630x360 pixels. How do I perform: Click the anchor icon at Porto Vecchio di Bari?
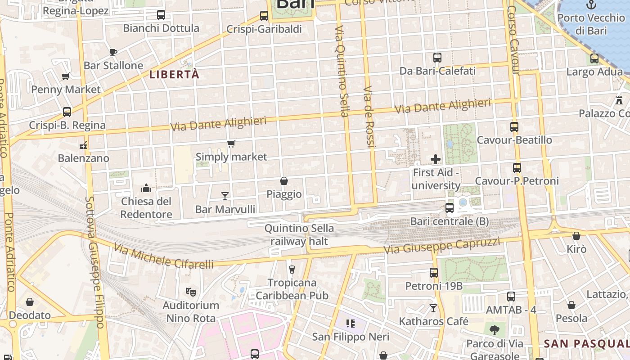tap(591, 5)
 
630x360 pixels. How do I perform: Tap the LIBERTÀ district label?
tap(174, 75)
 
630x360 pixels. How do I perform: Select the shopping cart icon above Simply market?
tap(231, 144)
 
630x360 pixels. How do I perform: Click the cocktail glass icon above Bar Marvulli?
tap(225, 196)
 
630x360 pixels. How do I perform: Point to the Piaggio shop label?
tap(284, 194)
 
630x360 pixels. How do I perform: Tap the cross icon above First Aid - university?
tap(436, 159)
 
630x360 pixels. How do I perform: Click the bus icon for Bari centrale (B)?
tap(449, 208)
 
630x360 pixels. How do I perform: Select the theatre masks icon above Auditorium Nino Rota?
tap(191, 292)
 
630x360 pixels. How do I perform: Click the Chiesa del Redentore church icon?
tap(146, 188)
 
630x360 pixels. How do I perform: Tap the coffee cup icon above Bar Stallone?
tap(113, 52)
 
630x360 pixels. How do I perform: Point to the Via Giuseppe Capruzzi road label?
tap(441, 246)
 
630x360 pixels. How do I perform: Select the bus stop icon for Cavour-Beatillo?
tap(514, 127)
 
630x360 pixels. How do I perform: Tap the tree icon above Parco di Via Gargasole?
tap(495, 330)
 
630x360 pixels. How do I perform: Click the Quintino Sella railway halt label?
tap(299, 235)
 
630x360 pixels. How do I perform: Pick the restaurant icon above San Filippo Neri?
tap(351, 323)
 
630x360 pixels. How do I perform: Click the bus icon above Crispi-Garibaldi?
tap(264, 16)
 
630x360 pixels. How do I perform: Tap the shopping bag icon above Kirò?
tap(576, 236)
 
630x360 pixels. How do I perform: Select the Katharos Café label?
tap(434, 321)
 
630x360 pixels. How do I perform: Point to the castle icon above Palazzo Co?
tap(620, 99)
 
